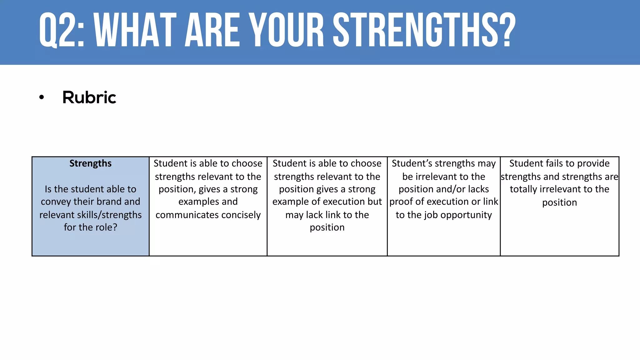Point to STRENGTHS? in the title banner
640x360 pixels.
(x=424, y=30)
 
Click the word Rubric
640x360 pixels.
(x=89, y=97)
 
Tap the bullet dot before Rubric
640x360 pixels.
(x=42, y=97)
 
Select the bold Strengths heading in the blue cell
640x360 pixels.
(x=90, y=163)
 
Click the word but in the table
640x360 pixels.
(x=375, y=202)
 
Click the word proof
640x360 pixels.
(x=402, y=202)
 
